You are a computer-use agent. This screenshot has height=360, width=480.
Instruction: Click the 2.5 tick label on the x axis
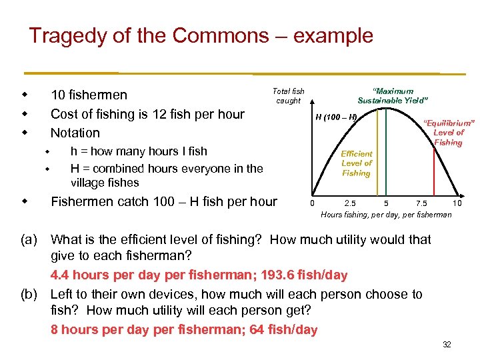349,203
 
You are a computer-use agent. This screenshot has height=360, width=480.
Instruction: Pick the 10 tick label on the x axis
457,203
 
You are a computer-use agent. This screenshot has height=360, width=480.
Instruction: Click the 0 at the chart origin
313,203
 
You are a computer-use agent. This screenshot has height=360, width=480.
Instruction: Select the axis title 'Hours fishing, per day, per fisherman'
386,215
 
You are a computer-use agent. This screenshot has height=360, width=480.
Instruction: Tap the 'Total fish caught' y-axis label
288,96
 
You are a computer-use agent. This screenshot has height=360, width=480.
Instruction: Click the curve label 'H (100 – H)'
336,118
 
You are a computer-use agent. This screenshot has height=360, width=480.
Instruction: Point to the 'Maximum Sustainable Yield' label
393,96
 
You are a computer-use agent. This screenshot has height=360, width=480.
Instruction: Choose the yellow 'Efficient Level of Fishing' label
356,163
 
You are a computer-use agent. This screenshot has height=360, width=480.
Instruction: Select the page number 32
447,344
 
